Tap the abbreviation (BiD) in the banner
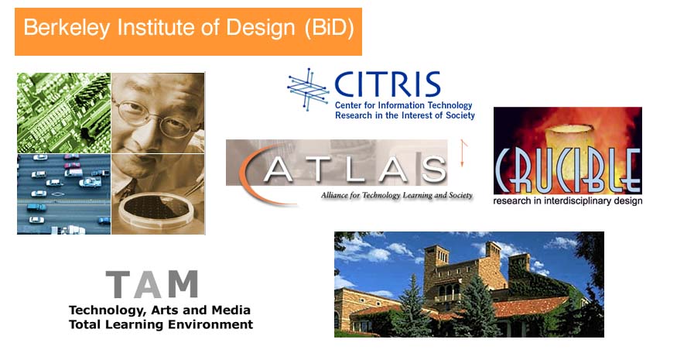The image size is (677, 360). (x=329, y=29)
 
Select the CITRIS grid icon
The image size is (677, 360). (x=308, y=89)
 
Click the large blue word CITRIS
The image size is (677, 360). (x=388, y=84)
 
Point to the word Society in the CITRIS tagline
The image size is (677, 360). (x=459, y=115)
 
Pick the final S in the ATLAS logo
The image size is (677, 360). (x=433, y=170)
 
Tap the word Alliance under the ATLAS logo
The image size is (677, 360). (x=333, y=195)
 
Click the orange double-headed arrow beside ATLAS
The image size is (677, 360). (x=463, y=153)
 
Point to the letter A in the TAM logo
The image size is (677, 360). (x=148, y=284)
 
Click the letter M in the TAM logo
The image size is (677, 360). (x=183, y=284)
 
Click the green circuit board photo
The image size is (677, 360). (x=64, y=113)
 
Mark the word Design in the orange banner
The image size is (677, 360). (x=260, y=29)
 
